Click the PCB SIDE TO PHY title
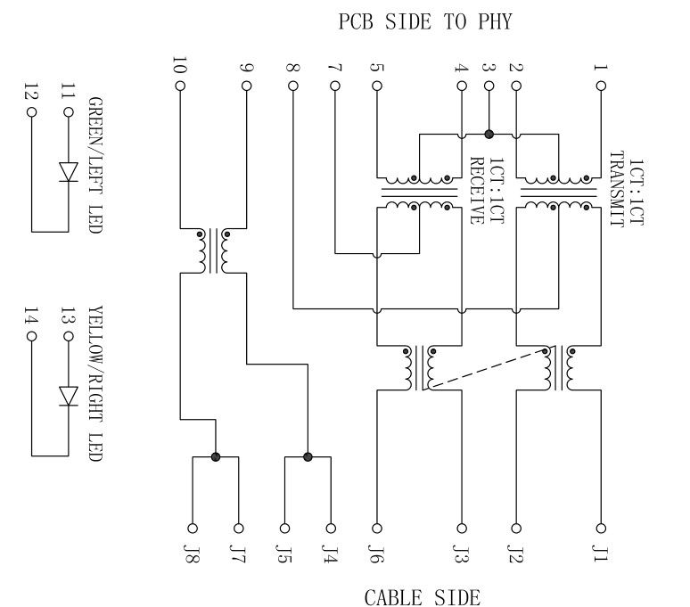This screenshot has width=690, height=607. tap(425, 22)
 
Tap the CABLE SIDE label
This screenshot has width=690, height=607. tap(422, 596)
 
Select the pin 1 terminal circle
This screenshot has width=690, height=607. tap(601, 86)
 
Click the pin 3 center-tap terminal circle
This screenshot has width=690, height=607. tap(489, 86)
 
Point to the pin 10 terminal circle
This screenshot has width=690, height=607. tap(180, 86)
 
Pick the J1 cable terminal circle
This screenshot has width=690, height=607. tap(601, 527)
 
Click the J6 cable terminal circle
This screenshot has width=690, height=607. tap(376, 527)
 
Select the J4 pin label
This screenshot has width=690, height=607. tap(332, 555)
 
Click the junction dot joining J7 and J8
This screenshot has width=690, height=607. tap(216, 456)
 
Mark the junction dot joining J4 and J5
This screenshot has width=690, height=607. tap(308, 456)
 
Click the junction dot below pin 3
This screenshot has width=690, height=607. tap(489, 134)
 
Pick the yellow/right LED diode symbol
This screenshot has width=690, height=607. tap(69, 396)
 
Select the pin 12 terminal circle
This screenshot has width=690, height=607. tap(32, 113)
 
